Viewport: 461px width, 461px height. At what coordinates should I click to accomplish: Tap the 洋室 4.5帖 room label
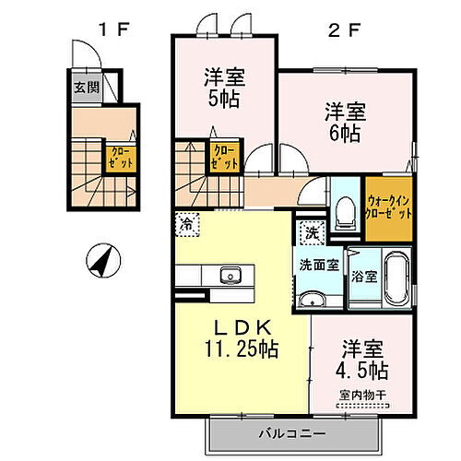point(362,361)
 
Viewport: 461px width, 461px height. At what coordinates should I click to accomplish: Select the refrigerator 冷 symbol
point(187,224)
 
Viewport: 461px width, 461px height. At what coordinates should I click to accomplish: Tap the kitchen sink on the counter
point(229,275)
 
